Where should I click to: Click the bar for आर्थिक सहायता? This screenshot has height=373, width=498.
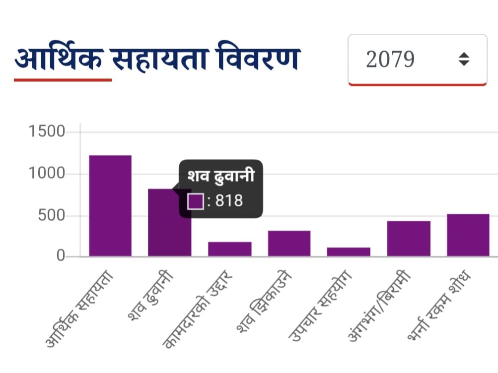110,206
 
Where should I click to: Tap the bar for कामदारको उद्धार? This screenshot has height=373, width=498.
229,249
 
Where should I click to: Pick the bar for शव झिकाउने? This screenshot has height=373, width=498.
289,244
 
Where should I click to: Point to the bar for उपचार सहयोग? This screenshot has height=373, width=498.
349,252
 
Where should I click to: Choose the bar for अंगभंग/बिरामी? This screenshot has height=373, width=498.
409,239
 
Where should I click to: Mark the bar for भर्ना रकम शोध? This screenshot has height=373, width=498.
468,235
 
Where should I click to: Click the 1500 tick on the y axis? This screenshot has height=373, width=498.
47,132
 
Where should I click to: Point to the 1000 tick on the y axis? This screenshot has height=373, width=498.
47,174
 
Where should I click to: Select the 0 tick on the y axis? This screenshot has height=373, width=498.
61,256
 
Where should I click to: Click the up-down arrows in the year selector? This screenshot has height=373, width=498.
464,60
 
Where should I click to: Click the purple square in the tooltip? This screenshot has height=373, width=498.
196,201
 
